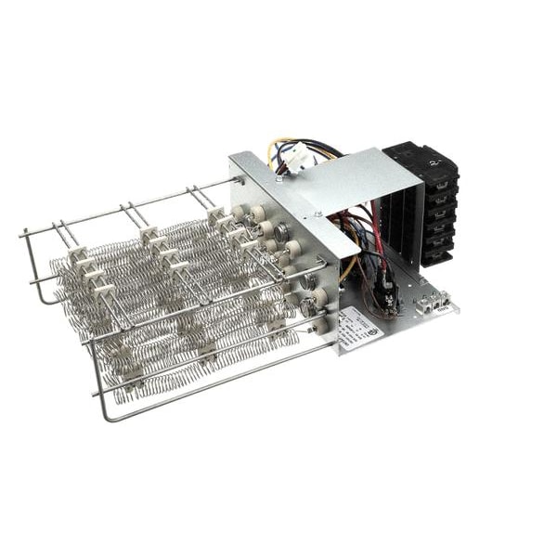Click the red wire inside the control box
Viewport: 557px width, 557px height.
(x=376, y=227)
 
